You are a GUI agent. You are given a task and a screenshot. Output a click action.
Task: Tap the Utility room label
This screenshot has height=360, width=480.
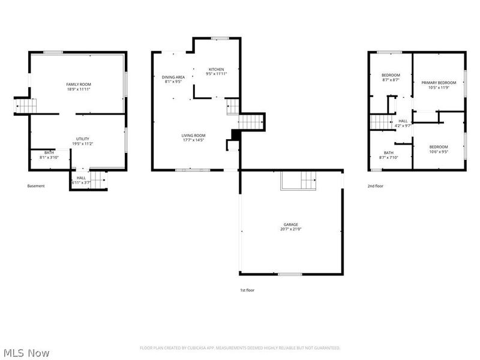(82, 139)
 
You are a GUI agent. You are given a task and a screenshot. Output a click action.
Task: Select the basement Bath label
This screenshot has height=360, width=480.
(49, 152)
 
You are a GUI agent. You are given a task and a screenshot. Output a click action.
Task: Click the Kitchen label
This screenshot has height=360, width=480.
(216, 69)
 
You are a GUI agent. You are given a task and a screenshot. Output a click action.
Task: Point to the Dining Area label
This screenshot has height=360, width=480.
(173, 77)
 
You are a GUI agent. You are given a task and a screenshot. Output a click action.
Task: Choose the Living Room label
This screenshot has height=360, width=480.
(193, 136)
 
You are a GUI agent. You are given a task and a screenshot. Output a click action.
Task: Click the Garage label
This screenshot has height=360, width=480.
(291, 224)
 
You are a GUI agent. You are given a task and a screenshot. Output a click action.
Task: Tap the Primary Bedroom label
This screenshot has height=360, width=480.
(439, 83)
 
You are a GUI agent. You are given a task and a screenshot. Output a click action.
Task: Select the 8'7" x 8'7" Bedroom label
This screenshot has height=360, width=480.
(391, 75)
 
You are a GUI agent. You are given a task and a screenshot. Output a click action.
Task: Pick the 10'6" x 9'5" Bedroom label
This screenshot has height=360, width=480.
(438, 147)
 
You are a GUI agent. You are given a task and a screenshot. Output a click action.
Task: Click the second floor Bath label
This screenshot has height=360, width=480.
(388, 153)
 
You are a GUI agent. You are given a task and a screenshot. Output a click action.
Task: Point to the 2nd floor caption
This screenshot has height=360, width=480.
(375, 186)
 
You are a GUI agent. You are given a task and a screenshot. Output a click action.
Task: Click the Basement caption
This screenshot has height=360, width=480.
(36, 186)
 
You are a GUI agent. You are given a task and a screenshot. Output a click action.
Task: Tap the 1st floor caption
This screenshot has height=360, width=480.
(247, 290)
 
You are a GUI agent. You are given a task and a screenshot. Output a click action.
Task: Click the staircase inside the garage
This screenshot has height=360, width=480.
(299, 180)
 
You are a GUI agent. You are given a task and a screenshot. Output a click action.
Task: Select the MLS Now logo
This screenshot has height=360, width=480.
(26, 353)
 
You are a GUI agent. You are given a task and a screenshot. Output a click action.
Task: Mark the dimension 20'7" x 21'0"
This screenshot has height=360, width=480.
(291, 229)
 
